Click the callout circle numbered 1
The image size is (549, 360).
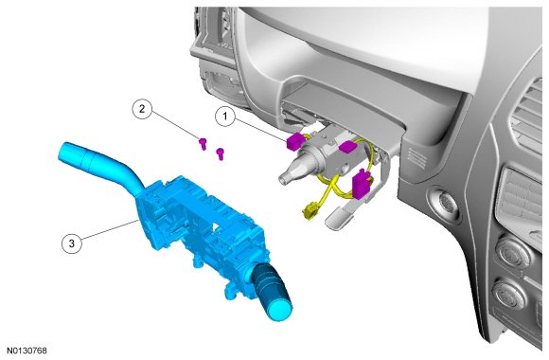tap(225, 116)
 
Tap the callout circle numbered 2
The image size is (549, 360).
tap(142, 109)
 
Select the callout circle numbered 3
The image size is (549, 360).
tap(72, 243)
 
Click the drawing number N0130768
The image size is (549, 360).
tap(27, 351)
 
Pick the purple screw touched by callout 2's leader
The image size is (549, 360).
tap(203, 143)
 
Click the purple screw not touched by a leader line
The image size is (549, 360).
tap(220, 153)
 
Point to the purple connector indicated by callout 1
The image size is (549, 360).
tap(294, 141)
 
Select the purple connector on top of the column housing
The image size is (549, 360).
tap(347, 146)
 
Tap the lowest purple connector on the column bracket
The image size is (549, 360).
tap(361, 184)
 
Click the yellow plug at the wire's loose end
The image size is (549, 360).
tap(310, 211)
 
